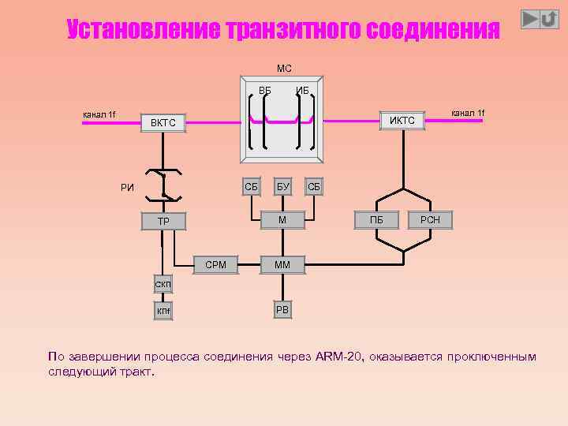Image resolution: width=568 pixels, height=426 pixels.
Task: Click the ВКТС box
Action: click(x=163, y=123)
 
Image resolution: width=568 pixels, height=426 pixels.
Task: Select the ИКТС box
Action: click(x=402, y=120)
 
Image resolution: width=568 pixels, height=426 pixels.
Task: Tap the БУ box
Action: click(x=282, y=187)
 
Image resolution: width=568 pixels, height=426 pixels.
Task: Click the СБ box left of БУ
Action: click(x=251, y=187)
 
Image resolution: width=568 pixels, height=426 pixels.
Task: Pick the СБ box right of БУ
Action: click(x=313, y=187)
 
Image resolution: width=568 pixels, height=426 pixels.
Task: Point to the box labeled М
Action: click(x=282, y=219)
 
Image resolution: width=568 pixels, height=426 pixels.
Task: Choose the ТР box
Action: click(x=163, y=221)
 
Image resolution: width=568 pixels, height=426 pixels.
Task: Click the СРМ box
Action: click(x=215, y=265)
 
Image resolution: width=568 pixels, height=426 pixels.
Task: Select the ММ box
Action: click(x=282, y=265)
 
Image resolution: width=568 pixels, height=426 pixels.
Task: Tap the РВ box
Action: click(x=282, y=309)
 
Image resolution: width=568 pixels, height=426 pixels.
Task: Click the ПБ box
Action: click(x=376, y=220)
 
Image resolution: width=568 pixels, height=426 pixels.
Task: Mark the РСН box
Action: click(x=430, y=220)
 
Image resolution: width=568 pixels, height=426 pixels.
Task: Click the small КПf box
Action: click(x=163, y=312)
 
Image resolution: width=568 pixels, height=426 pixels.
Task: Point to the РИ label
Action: click(x=127, y=188)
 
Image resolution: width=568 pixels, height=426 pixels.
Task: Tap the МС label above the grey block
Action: click(x=284, y=69)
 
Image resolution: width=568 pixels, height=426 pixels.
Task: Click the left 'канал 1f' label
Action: click(x=99, y=115)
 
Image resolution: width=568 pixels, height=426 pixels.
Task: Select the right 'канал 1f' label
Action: click(x=467, y=113)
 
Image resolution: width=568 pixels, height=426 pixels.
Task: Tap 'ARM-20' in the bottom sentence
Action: click(x=340, y=357)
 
